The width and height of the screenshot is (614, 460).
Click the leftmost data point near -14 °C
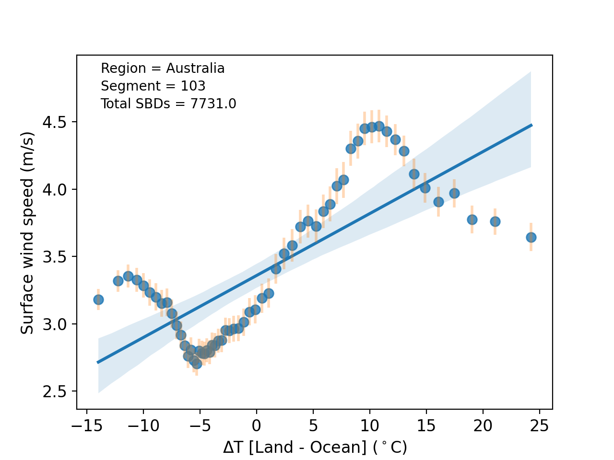coord(98,299)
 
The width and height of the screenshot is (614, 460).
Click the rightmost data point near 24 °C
coord(531,237)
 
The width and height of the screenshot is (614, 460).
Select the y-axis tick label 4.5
coord(55,122)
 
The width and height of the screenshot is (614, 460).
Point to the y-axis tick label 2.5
coord(55,391)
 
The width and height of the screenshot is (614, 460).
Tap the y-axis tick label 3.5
coord(55,257)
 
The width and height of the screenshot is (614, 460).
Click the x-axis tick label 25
coord(540,425)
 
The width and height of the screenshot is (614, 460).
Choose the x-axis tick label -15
coord(86,425)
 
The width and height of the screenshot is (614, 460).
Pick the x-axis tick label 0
coord(257,425)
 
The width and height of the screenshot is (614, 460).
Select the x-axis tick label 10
coord(370,425)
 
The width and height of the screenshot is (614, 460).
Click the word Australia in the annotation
coord(195,69)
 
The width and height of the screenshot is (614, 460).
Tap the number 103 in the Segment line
coord(193,86)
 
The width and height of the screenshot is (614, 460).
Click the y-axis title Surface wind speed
coord(28,233)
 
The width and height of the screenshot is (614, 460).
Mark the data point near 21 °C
coord(495,221)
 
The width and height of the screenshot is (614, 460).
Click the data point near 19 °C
coord(472,219)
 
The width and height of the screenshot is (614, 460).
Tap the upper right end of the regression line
coord(531,125)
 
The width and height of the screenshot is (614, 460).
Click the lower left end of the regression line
coord(98,362)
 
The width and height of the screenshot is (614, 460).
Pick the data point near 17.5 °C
coord(454,193)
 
